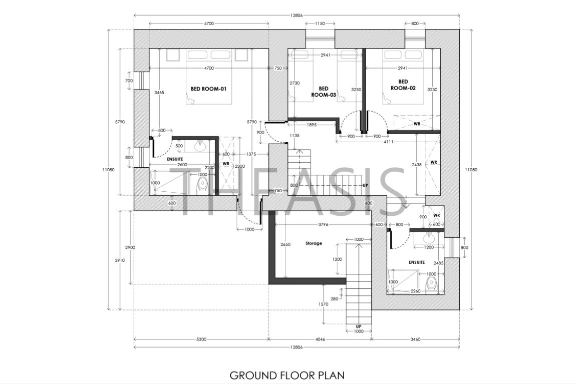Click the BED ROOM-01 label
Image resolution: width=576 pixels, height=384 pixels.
coord(209,89)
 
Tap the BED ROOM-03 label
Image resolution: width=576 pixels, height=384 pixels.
coord(324,92)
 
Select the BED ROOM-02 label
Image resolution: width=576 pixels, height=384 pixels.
coord(403,85)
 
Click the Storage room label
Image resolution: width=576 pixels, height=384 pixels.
coord(314,243)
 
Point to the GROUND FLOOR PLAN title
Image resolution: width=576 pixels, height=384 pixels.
coord(287,375)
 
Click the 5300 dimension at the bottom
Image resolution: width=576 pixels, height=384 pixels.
coord(201,339)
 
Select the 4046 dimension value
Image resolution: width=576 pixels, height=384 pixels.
coord(321,339)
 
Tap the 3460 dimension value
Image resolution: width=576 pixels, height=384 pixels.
coord(415,339)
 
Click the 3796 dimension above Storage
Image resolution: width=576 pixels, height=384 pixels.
coord(323,225)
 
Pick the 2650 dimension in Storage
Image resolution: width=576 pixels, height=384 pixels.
coord(285,244)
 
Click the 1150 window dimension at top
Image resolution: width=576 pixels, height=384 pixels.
coord(320,24)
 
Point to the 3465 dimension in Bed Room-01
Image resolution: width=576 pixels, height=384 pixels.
coord(159,93)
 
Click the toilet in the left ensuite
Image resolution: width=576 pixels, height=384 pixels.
coord(202,185)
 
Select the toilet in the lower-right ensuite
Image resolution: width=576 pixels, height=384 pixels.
coord(431,284)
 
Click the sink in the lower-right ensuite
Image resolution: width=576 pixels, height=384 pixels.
coord(428,239)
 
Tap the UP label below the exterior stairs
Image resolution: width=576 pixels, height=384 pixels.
coord(359,327)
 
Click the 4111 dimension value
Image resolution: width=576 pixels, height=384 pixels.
coord(388,142)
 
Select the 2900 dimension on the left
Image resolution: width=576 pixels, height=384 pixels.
coord(130,247)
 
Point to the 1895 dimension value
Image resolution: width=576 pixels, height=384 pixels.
coord(311,125)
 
